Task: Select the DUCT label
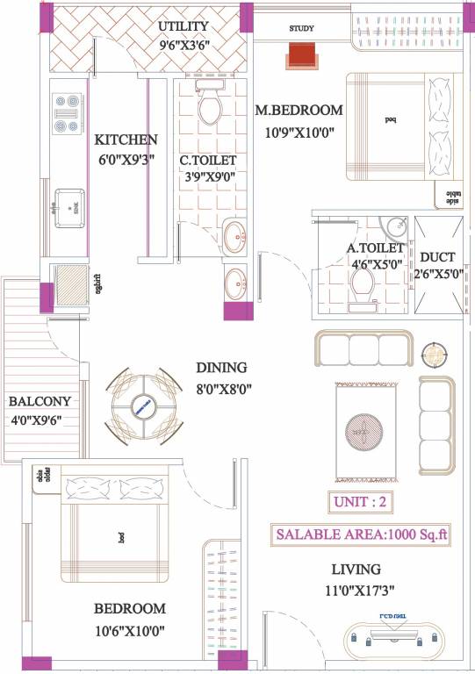pyautogui.click(x=436, y=257)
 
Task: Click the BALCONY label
pyautogui.click(x=40, y=401)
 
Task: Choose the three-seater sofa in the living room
pyautogui.click(x=363, y=349)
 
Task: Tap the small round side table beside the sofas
pyautogui.click(x=434, y=355)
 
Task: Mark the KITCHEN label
pyautogui.click(x=126, y=140)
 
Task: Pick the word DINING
pyautogui.click(x=221, y=368)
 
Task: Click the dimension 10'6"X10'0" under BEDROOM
pyautogui.click(x=129, y=629)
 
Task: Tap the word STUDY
pyautogui.click(x=302, y=29)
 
